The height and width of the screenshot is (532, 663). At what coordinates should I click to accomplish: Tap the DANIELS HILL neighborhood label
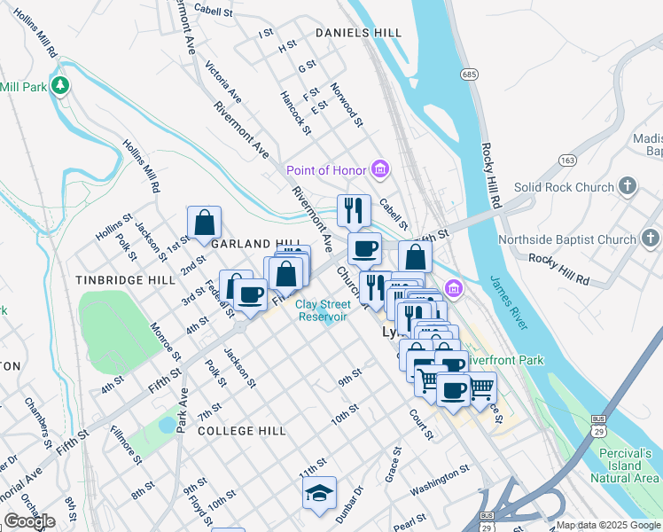pyautogui.click(x=358, y=33)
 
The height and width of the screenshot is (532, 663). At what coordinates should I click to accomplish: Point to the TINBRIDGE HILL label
pyautogui.click(x=125, y=279)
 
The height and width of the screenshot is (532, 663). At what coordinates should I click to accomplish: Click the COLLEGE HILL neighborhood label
pyautogui.click(x=242, y=430)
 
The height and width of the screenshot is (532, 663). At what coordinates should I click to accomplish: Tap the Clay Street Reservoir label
pyautogui.click(x=323, y=310)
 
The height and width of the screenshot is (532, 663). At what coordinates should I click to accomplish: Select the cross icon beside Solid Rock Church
pyautogui.click(x=628, y=187)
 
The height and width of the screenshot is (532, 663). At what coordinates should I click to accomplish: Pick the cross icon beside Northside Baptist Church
pyautogui.click(x=651, y=239)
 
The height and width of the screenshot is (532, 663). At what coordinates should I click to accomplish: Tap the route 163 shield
pyautogui.click(x=568, y=160)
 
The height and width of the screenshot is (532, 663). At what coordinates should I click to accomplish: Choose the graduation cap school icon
pyautogui.click(x=320, y=495)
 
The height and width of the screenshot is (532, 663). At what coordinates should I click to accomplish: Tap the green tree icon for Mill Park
pyautogui.click(x=60, y=87)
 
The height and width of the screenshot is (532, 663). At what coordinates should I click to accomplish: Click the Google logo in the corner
pyautogui.click(x=29, y=521)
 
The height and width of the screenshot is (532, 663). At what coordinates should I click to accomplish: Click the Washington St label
pyautogui.click(x=439, y=489)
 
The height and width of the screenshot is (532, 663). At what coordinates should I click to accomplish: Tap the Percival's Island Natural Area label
pyautogui.click(x=624, y=465)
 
